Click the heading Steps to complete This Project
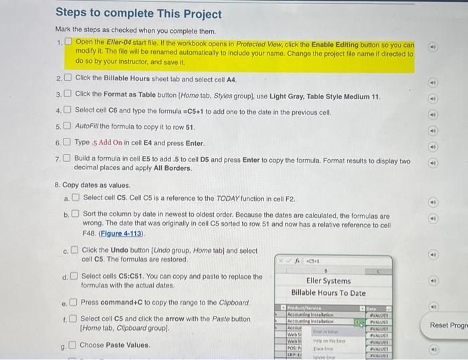138,13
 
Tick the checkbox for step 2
68,78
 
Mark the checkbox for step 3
68,94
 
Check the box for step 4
68,110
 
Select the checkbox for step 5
68,126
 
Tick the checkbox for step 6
68,143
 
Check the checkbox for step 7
68,159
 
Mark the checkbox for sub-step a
76,197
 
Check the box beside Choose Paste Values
72,345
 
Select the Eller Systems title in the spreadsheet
328,281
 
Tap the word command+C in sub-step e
125,302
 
